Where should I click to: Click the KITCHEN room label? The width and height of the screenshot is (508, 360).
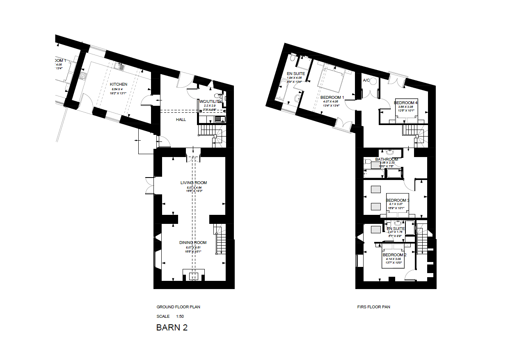coord(119,84)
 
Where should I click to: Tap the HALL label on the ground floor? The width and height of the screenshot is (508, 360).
coord(181,120)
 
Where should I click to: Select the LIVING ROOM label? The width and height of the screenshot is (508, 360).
coord(194,183)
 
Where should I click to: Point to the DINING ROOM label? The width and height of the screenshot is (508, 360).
coord(193,243)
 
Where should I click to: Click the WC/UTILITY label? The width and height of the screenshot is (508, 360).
coord(211,101)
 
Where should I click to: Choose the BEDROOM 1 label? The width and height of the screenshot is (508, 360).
coord(332,98)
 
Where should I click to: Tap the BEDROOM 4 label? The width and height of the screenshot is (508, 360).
coord(405,103)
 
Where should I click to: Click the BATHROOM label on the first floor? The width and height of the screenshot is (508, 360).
coord(387,159)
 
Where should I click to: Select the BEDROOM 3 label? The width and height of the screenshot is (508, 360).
coord(398,201)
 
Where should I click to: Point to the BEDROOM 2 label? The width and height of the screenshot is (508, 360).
coord(394,255)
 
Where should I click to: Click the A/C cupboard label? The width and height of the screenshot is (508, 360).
coord(367,80)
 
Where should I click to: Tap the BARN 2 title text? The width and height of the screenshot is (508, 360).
coord(172,328)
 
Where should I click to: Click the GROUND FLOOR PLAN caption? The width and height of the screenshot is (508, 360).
coord(178,307)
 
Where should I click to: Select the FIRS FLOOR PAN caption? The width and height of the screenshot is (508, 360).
coord(374,307)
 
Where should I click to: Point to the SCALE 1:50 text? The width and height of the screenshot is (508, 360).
coord(170,317)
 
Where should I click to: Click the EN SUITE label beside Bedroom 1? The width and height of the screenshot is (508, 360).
coord(295,74)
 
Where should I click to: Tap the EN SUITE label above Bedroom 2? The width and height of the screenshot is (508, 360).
coord(396,229)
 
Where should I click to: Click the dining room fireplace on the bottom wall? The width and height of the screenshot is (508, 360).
coord(193,275)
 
